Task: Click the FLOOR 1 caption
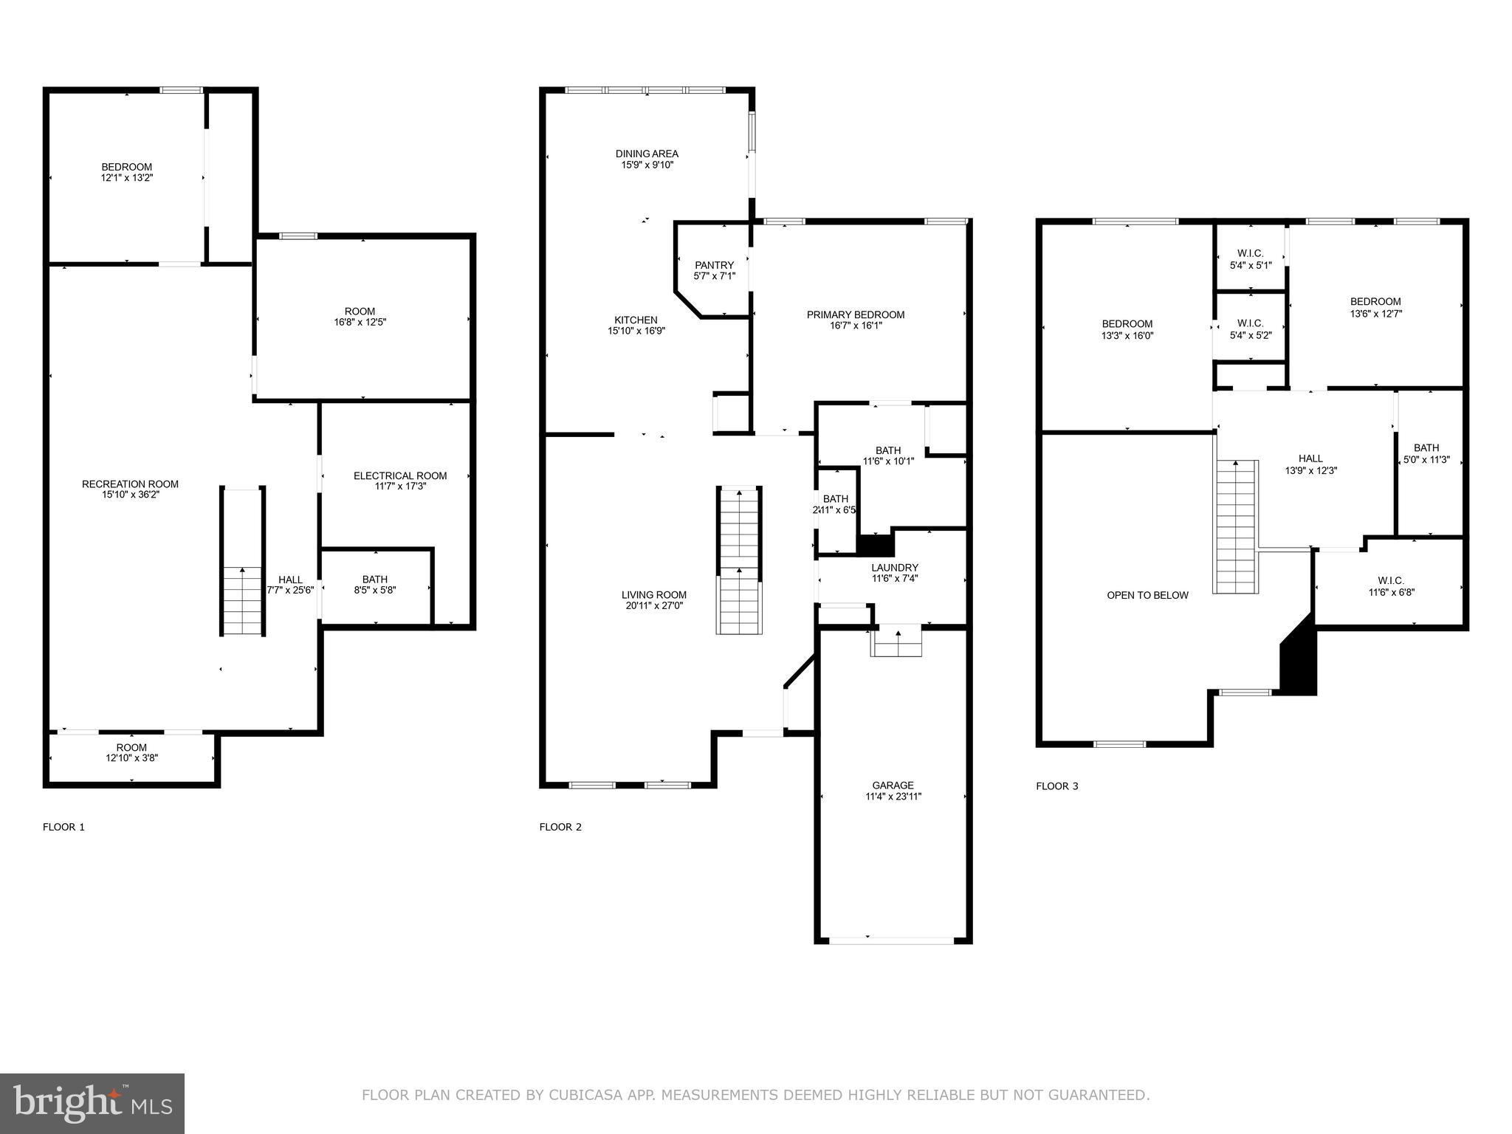pyautogui.click(x=63, y=827)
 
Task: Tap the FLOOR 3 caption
pyautogui.click(x=1056, y=786)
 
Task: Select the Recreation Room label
pyautogui.click(x=130, y=484)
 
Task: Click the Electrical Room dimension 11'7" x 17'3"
pyautogui.click(x=400, y=487)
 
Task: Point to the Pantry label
pyautogui.click(x=714, y=265)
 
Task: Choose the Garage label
pyautogui.click(x=893, y=785)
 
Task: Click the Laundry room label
pyautogui.click(x=894, y=568)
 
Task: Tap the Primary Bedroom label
pyautogui.click(x=855, y=315)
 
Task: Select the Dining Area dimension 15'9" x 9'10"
pyautogui.click(x=647, y=165)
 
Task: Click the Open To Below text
pyautogui.click(x=1147, y=595)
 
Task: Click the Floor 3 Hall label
pyautogui.click(x=1310, y=458)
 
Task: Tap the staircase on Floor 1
pyautogui.click(x=242, y=561)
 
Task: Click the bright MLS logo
pyautogui.click(x=92, y=1103)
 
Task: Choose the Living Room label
pyautogui.click(x=653, y=594)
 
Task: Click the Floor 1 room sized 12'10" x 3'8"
pyautogui.click(x=131, y=752)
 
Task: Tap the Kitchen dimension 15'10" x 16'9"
pyautogui.click(x=636, y=331)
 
